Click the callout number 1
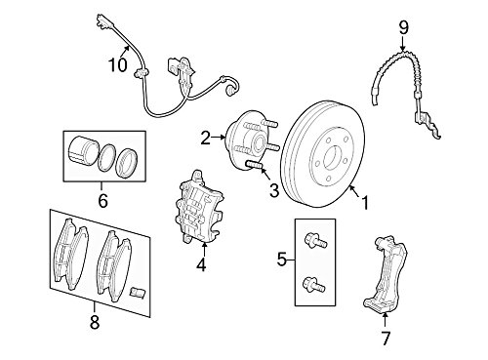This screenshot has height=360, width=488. pyautogui.click(x=365, y=203)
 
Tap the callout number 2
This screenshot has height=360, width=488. pyautogui.click(x=206, y=138)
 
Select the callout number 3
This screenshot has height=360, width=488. pyautogui.click(x=274, y=190)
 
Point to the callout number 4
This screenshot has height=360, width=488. pyautogui.click(x=201, y=264)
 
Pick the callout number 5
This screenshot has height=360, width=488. pyautogui.click(x=282, y=260)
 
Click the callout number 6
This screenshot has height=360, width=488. pyautogui.click(x=102, y=201)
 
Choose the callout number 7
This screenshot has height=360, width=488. pyautogui.click(x=386, y=339)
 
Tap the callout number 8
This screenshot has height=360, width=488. pyautogui.click(x=94, y=322)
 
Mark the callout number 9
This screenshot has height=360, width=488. pyautogui.click(x=403, y=28)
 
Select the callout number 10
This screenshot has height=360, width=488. pyautogui.click(x=118, y=64)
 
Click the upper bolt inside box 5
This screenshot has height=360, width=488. pyautogui.click(x=315, y=241)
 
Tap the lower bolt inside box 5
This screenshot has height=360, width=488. pyautogui.click(x=314, y=284)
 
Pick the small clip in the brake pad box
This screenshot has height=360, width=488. pyautogui.click(x=137, y=292)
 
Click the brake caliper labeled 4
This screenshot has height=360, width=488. pyautogui.click(x=199, y=207)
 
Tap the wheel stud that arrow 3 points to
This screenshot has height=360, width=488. pyautogui.click(x=255, y=165)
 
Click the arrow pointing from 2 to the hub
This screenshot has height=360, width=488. pyautogui.click(x=219, y=138)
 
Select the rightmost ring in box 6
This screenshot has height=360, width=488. pyautogui.click(x=127, y=163)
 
